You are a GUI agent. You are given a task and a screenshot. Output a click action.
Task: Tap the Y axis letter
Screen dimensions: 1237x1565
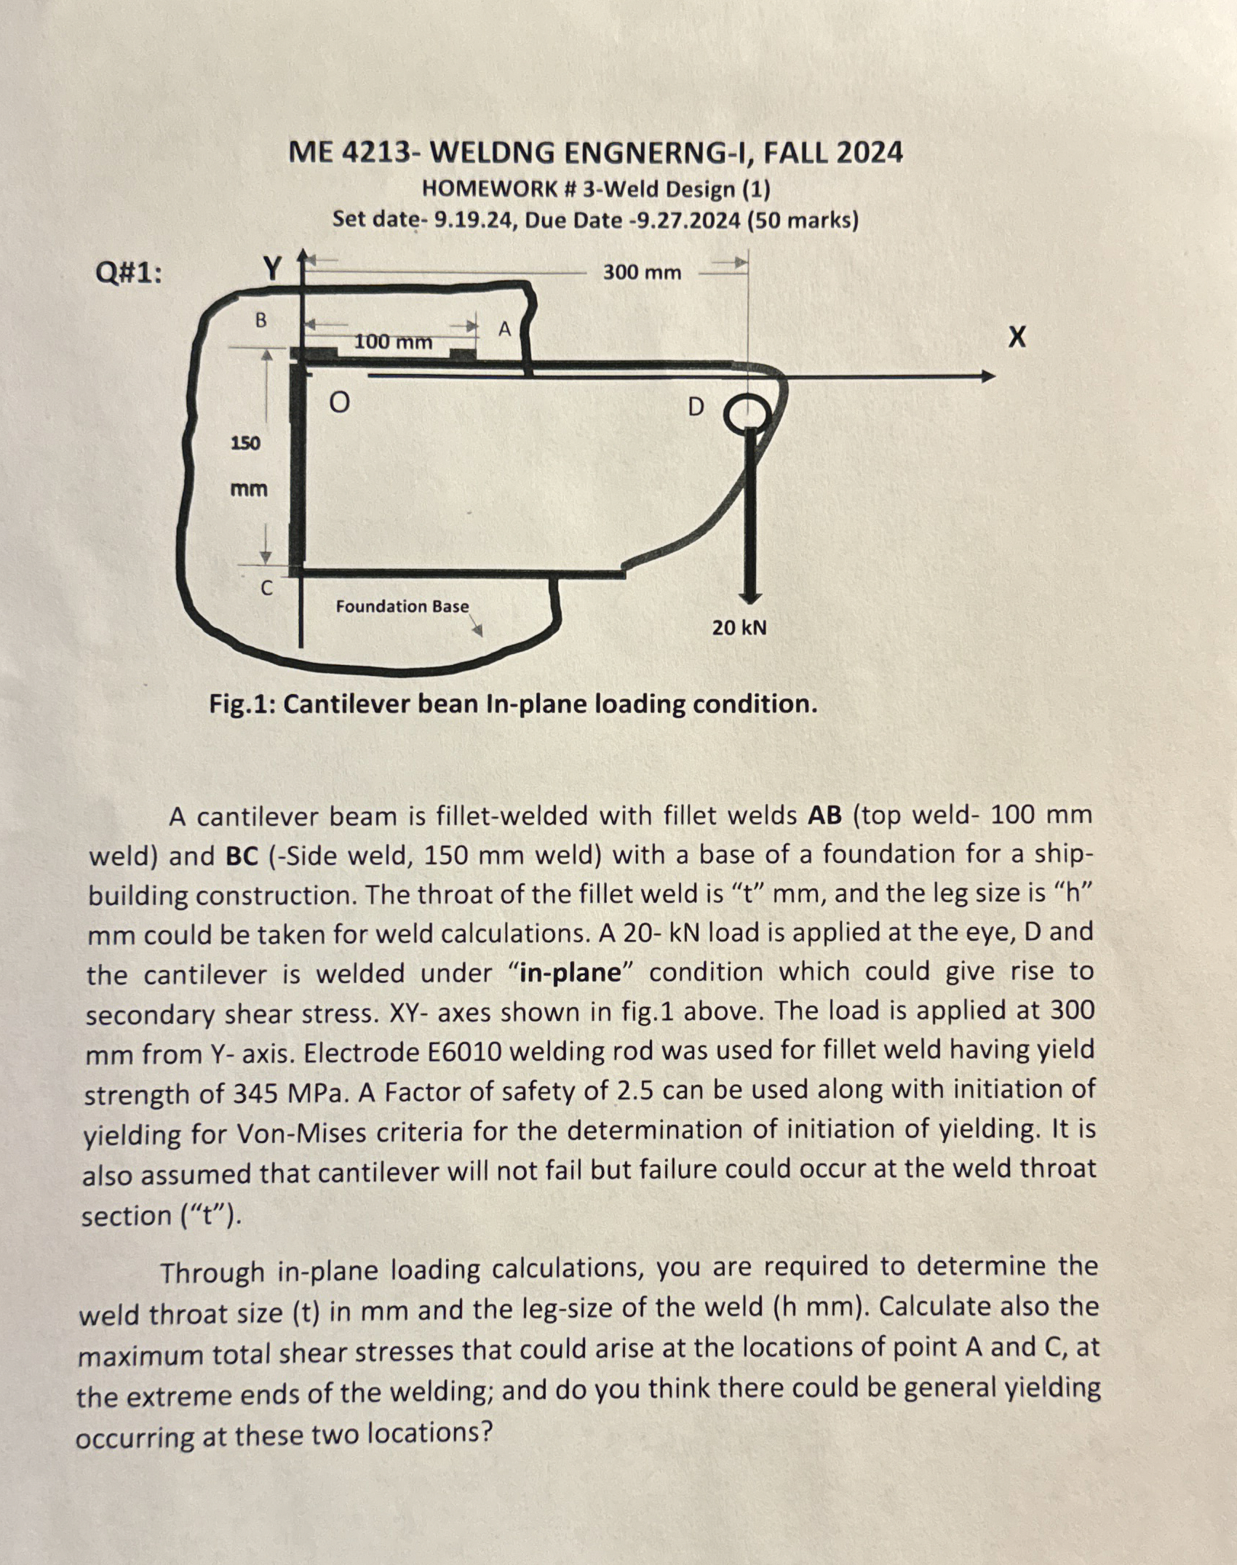coord(271,268)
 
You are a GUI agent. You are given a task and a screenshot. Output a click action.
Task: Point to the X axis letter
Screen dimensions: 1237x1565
coord(1017,337)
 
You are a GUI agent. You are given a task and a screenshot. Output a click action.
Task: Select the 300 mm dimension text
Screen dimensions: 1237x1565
coord(642,273)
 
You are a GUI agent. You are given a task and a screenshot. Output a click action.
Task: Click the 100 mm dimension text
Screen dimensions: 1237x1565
coord(393,341)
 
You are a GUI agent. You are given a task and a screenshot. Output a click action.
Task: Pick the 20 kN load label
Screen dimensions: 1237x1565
coord(739,627)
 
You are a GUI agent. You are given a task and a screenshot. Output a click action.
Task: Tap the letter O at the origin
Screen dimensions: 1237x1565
coord(338,402)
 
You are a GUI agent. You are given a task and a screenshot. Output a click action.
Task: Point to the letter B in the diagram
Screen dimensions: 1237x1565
coord(260,320)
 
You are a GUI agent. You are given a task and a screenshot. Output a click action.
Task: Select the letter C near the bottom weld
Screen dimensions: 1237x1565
coord(267,588)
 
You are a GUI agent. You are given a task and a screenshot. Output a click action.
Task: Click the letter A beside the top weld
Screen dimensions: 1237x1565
coord(505,330)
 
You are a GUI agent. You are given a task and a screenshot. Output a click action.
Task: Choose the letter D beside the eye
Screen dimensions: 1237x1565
coord(696,407)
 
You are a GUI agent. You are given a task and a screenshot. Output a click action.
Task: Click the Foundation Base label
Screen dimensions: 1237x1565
coord(402,606)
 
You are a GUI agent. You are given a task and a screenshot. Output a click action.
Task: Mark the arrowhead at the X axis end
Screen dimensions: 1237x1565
coord(987,376)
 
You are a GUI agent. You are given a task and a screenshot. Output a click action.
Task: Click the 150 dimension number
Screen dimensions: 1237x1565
coord(245,443)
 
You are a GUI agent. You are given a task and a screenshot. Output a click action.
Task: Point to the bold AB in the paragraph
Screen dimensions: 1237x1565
coord(824,816)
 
